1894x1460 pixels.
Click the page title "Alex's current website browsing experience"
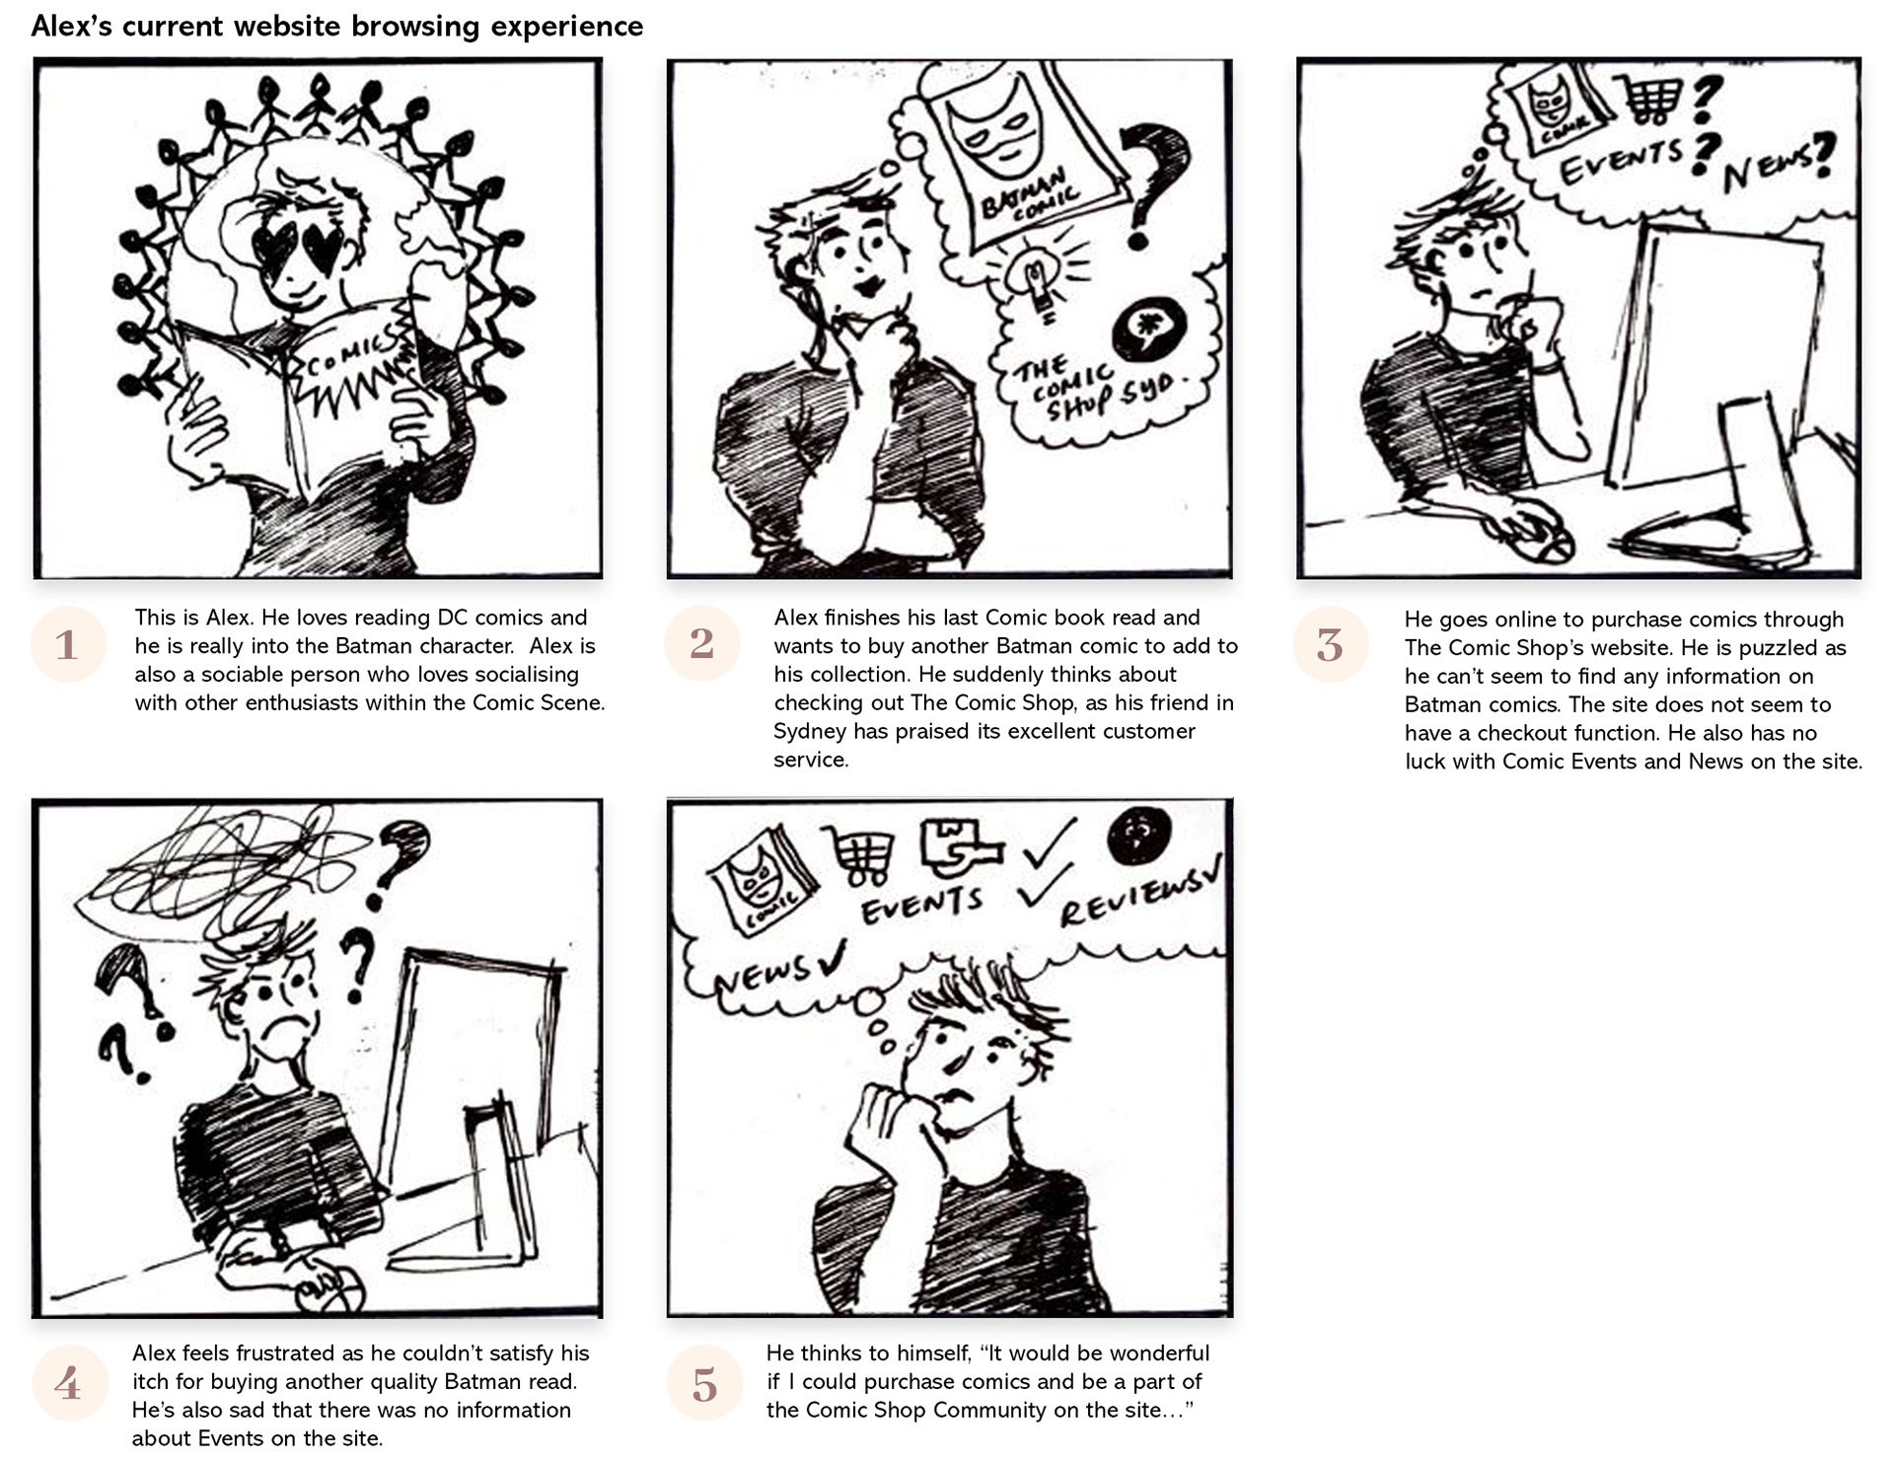(x=336, y=27)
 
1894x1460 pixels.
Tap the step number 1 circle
(x=68, y=644)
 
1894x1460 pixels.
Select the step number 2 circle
(x=702, y=643)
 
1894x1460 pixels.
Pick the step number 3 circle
(x=1331, y=644)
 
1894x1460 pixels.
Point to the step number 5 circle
(x=704, y=1383)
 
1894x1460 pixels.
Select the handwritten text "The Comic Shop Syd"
(x=1095, y=388)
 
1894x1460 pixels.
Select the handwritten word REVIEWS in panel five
(x=1133, y=893)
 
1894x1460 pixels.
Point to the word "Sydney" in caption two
(x=805, y=731)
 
